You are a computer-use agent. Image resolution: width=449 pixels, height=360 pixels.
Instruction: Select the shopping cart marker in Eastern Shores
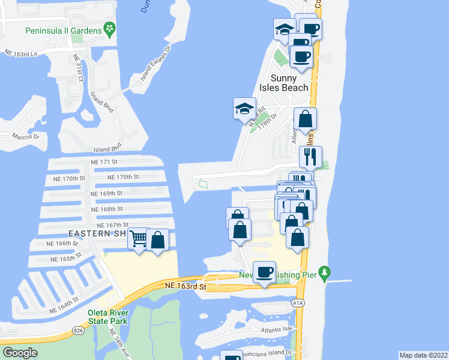[x=139, y=240]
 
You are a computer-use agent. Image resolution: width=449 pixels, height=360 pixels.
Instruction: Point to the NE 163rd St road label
[x=185, y=287]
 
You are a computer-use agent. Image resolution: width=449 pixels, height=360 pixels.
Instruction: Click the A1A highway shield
[x=299, y=304]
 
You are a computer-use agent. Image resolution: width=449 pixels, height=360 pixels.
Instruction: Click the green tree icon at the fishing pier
[x=325, y=273]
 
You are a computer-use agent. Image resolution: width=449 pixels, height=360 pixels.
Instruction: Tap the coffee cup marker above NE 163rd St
[x=264, y=272]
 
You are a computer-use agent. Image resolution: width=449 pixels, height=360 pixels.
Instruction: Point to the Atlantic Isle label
[x=276, y=330]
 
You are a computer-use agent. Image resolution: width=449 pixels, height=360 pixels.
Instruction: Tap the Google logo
[x=20, y=352]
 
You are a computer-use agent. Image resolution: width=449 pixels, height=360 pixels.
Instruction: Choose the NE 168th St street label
[x=107, y=209]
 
